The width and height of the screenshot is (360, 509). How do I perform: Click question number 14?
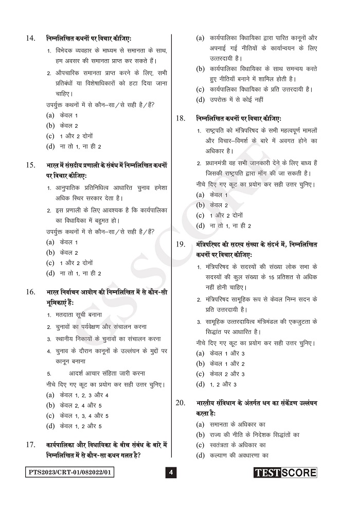(x=30, y=38)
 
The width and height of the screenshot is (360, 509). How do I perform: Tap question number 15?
(x=30, y=165)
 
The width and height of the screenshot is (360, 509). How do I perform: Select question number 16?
(x=30, y=292)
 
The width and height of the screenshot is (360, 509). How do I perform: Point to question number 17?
(x=30, y=444)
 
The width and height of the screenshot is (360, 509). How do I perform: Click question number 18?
(x=181, y=118)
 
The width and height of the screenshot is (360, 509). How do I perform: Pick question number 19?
(x=181, y=244)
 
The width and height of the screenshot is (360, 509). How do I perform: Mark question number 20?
(x=181, y=403)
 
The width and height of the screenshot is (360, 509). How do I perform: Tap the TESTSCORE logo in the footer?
(x=285, y=472)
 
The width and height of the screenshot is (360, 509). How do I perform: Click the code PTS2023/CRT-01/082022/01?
(x=70, y=472)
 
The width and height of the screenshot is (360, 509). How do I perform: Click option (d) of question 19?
(x=216, y=384)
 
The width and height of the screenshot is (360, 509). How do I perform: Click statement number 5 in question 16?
(x=49, y=374)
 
